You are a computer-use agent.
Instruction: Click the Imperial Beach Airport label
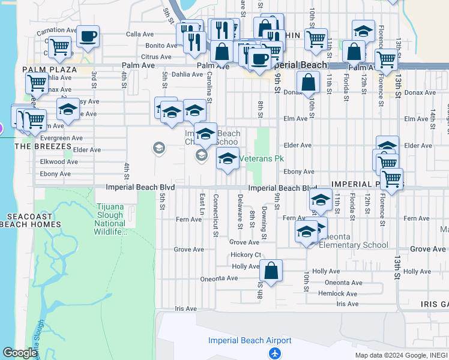250,341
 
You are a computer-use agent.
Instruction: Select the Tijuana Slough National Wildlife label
110,220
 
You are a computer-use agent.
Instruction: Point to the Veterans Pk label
262,159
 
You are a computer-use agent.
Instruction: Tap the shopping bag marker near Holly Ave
271,271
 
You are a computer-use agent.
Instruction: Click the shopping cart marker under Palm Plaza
37,83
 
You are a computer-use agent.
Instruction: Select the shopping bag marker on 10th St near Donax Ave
309,82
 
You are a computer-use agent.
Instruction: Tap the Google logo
20,353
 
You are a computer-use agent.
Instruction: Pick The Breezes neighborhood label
40,146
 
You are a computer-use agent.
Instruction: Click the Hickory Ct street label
246,254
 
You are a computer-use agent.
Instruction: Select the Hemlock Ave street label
338,293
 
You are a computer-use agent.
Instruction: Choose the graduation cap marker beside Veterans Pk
228,159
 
